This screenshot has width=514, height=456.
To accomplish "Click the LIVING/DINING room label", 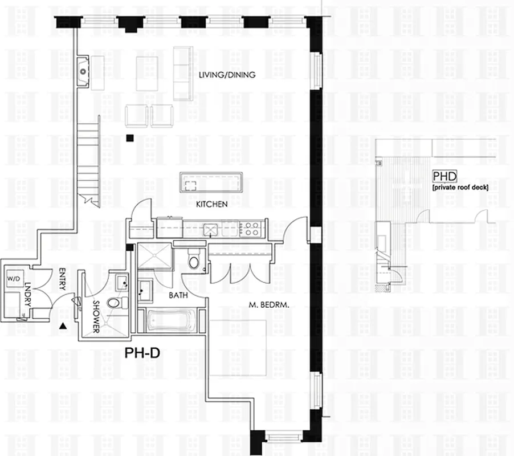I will point(226,75).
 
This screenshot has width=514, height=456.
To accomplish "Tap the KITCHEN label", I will point(212,204).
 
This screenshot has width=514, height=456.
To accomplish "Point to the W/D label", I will point(13,279).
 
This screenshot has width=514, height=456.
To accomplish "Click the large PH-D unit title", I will point(142,353).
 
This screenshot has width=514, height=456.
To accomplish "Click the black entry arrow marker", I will point(63,326).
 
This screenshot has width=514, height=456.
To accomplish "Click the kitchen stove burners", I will point(251,229).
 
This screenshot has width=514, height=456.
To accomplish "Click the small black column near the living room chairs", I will point(130,137).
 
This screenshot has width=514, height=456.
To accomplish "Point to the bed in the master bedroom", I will point(238,348).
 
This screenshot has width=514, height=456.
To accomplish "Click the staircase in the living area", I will point(88,160).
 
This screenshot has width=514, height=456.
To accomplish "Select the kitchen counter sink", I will point(212,230).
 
